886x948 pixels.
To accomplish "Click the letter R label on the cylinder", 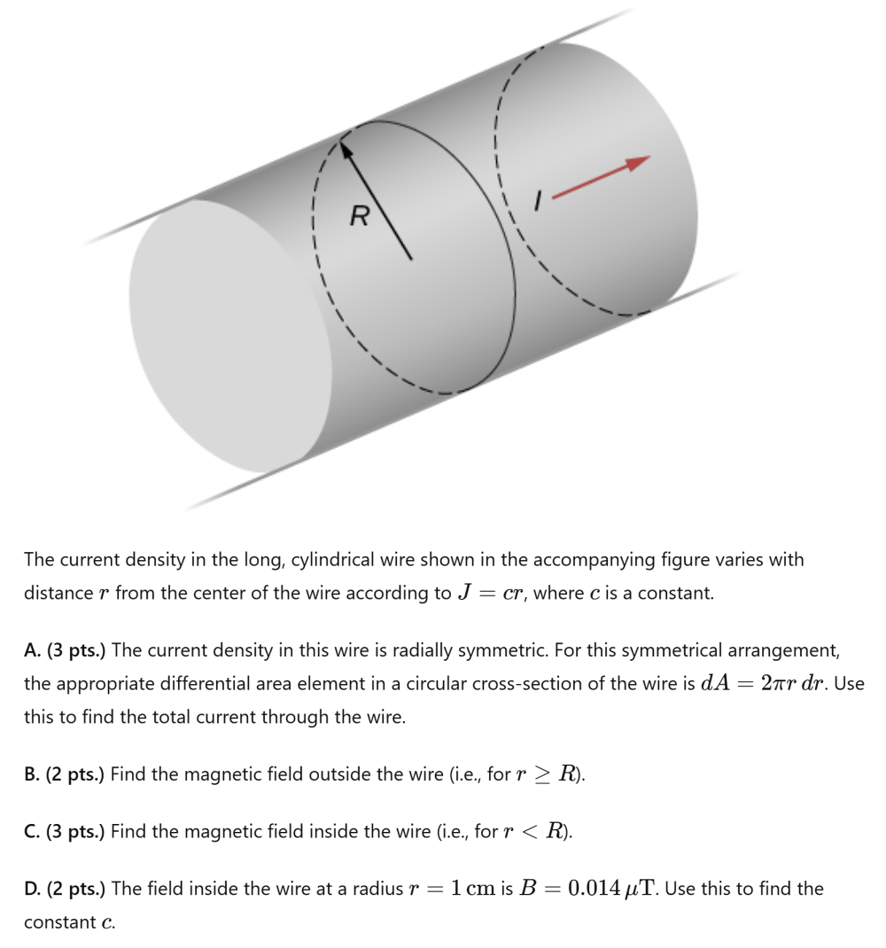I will point(359,215).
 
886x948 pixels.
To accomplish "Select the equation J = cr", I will point(493,593).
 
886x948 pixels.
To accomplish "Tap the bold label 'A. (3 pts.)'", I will point(65,650).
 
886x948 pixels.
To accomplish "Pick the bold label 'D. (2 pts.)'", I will point(65,888).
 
